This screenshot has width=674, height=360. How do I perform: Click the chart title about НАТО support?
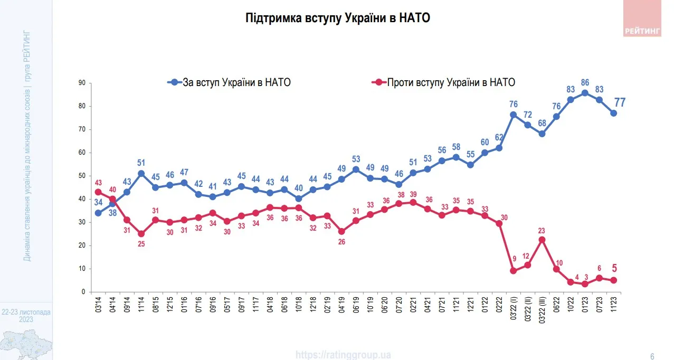tap(338, 18)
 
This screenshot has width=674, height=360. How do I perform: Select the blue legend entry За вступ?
tap(230, 82)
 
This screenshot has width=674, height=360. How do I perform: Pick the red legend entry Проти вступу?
tap(443, 82)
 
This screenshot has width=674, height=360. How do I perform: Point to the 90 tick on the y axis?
tap(82, 83)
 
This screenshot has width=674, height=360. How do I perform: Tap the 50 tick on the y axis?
tap(82, 176)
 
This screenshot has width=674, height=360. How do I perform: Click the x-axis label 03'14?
tap(98, 304)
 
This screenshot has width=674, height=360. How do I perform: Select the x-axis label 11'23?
tap(613, 304)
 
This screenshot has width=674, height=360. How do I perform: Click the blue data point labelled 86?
tap(585, 93)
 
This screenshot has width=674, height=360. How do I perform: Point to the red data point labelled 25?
tap(141, 234)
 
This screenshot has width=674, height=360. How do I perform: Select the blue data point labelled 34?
tap(98, 213)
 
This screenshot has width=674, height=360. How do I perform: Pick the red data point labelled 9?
tap(512, 271)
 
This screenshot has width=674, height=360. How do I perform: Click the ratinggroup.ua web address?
tap(344, 355)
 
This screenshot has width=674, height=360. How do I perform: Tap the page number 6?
tap(652, 355)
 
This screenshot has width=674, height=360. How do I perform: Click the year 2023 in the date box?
tap(26, 320)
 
